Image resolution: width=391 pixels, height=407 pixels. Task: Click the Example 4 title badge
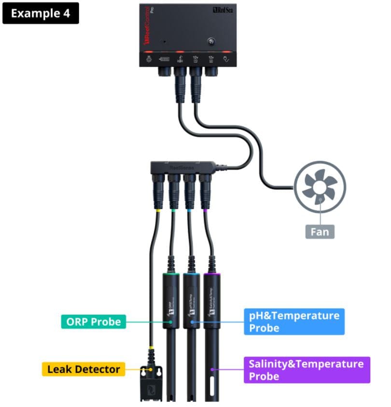pyautogui.click(x=41, y=13)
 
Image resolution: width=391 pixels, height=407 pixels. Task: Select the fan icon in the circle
pyautogui.click(x=320, y=186)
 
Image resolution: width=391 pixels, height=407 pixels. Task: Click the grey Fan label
pyautogui.click(x=320, y=232)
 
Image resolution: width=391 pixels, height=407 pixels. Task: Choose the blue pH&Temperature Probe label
pyautogui.click(x=294, y=322)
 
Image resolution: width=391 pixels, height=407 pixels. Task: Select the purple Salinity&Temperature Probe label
pyautogui.click(x=306, y=370)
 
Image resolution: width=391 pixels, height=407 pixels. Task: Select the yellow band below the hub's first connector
pyautogui.click(x=158, y=211)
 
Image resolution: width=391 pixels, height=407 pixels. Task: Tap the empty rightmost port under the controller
pyautogui.click(x=211, y=72)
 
